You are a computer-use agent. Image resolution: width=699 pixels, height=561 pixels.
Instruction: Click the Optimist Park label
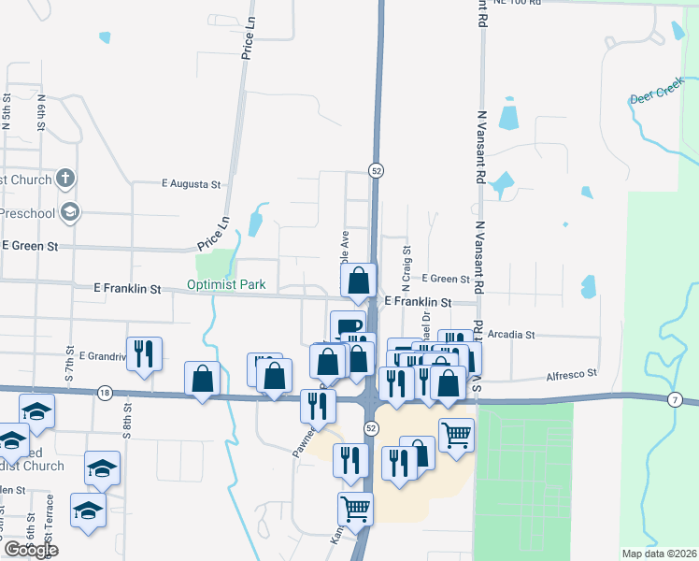click(x=226, y=284)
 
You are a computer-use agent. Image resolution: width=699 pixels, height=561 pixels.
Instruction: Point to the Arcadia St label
click(x=510, y=334)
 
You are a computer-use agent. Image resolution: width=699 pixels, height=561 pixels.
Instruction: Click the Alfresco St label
click(x=571, y=374)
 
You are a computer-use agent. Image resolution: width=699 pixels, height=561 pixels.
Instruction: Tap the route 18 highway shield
click(x=105, y=393)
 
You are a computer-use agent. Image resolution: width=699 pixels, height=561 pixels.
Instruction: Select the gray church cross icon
click(x=65, y=178)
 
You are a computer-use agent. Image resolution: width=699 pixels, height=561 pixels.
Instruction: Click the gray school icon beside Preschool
click(x=68, y=212)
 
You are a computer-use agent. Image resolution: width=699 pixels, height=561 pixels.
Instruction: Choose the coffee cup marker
click(x=348, y=327)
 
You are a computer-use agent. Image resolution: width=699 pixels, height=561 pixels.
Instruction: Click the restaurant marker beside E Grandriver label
click(x=144, y=353)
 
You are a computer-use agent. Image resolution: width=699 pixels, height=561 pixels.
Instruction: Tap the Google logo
click(x=30, y=550)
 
